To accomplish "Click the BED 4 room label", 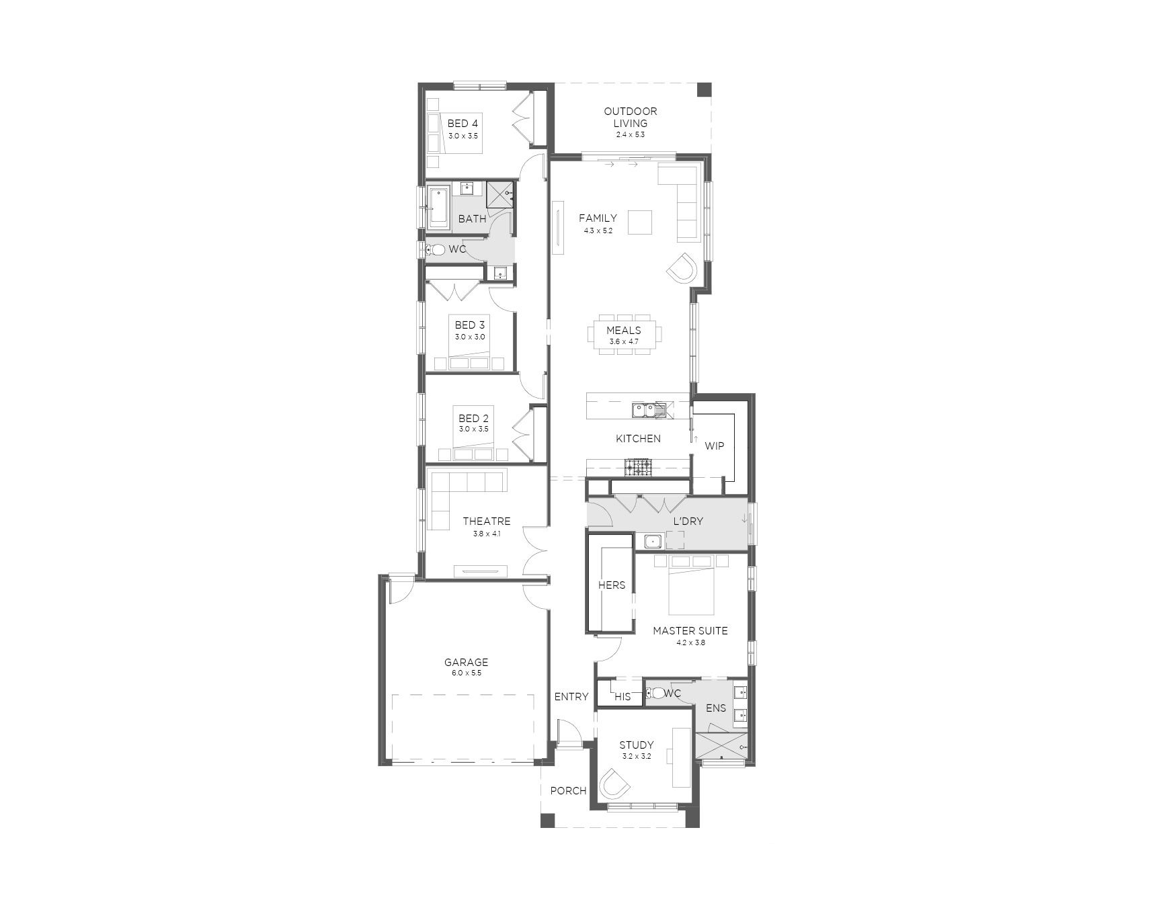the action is tap(463, 124).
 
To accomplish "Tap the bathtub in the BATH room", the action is tap(438, 207).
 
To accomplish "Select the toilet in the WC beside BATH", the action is tap(436, 250).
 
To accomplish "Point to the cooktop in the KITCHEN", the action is tap(638, 467).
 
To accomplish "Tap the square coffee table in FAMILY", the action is tap(640, 222).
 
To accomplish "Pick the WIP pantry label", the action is tap(714, 446).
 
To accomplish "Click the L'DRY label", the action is tap(688, 521).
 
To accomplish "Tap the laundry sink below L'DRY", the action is tap(651, 541).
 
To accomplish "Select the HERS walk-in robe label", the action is tap(612, 585).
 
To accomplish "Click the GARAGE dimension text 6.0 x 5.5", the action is tap(466, 673).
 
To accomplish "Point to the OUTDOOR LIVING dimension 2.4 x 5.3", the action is tap(630, 134).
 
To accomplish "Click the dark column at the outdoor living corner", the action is tap(704, 90).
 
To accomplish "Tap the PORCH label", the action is tap(568, 791).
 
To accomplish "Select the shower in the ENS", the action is tap(721, 747).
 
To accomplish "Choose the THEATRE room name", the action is tap(487, 521).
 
